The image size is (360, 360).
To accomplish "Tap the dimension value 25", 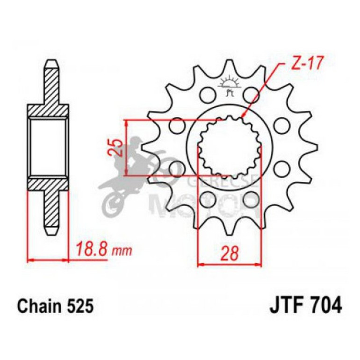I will click(x=118, y=147).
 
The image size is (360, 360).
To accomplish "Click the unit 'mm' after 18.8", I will click(x=122, y=251).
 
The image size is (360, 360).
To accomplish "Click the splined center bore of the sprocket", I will click(x=229, y=148).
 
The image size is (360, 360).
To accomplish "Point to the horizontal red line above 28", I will click(x=229, y=265).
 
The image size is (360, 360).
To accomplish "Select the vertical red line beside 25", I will click(x=126, y=148).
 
